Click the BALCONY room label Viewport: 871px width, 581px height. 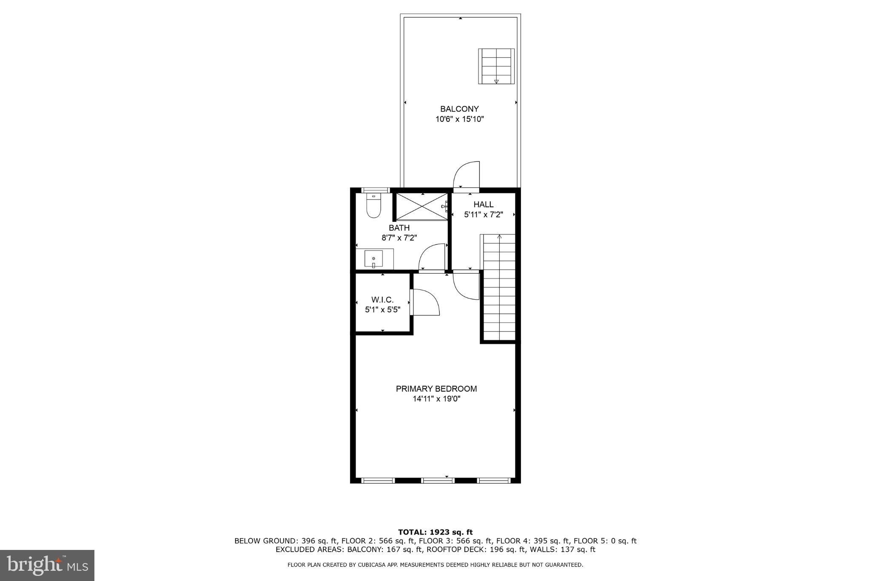[459, 109]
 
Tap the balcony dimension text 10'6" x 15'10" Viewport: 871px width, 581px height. [459, 119]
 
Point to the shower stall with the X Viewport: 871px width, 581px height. [421, 206]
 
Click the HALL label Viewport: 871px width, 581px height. [483, 205]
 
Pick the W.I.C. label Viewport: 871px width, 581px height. [382, 300]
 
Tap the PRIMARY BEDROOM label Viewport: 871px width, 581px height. [436, 389]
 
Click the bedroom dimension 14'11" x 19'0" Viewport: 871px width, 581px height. [436, 399]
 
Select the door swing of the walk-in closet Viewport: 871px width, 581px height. [425, 302]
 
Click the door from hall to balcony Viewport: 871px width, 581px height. [467, 175]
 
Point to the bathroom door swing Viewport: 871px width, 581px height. [432, 257]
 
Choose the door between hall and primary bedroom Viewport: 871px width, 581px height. [466, 285]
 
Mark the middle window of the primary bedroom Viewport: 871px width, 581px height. [438, 481]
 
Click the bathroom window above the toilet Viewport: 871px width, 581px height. [375, 190]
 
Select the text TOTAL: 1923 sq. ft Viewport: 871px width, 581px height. [435, 532]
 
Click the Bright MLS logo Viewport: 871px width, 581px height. [47, 565]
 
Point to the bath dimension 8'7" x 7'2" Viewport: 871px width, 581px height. [399, 238]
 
